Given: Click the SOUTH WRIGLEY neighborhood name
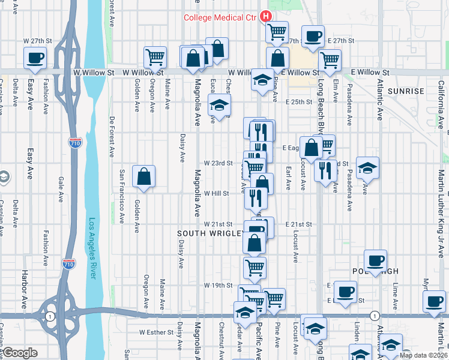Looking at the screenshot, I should click(210, 233).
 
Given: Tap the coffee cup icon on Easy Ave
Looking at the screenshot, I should click(35, 58).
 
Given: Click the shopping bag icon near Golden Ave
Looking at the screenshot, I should click(143, 176).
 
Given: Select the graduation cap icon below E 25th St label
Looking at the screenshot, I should click(220, 105).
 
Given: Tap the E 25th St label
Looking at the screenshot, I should click(298, 102).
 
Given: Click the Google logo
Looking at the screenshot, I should click(20, 353).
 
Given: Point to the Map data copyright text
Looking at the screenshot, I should click(423, 355).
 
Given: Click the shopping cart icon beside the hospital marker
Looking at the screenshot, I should click(277, 31).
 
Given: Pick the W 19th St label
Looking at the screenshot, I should click(217, 285).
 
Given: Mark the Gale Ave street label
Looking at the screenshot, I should click(61, 187).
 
